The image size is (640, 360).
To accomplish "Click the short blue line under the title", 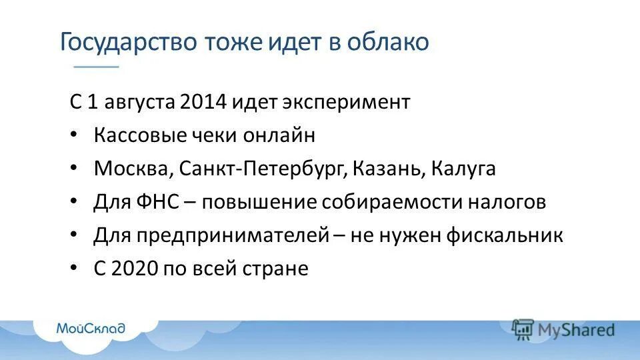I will click(x=96, y=67).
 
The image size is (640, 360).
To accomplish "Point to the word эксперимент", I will click(x=347, y=103).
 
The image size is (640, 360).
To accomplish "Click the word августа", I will click(x=139, y=103).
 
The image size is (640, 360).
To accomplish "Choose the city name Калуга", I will click(x=463, y=169).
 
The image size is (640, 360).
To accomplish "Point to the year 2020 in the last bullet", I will click(x=136, y=269).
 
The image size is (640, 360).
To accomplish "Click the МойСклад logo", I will click(x=91, y=328).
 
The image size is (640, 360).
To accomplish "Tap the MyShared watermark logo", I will click(x=563, y=329).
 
